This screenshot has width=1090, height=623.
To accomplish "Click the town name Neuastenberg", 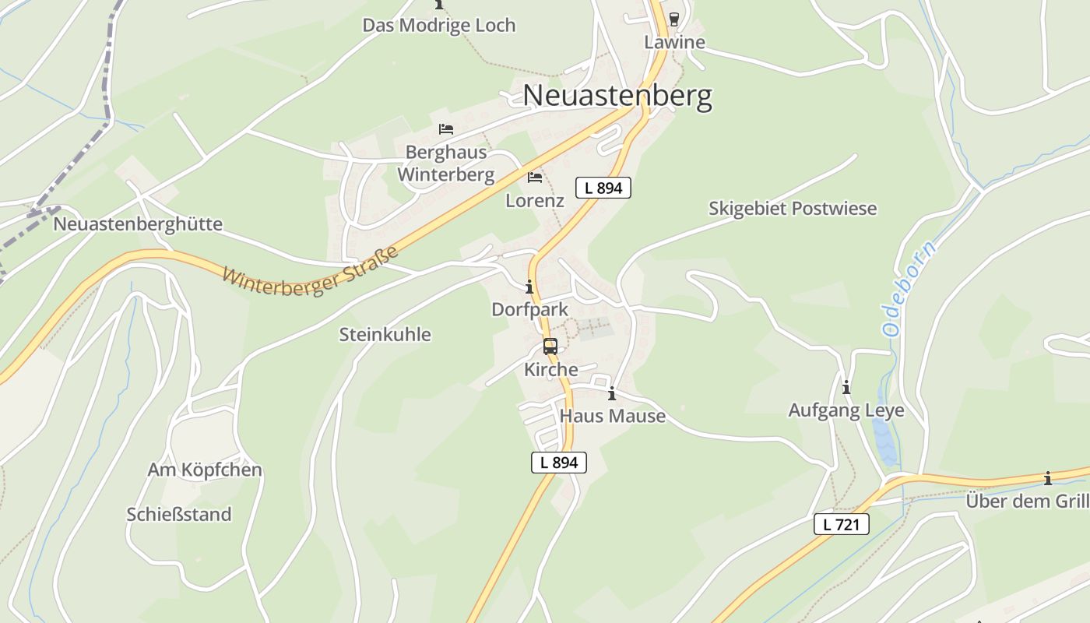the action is coord(617,96).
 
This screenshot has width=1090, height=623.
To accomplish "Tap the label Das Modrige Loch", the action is coord(439,25).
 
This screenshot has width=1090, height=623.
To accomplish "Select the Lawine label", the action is coord(674,42).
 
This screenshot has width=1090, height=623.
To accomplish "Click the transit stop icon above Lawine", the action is coord(674,19).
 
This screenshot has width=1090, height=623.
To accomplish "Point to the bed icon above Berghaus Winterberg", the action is coord(446,128).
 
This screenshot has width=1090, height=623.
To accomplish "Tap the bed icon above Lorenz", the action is coord(535,178).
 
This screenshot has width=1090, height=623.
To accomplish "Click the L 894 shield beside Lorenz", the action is coord(603,188).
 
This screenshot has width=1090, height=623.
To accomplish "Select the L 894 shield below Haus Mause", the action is coord(559,463).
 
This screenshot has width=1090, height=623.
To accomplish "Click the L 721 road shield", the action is coord(842,524).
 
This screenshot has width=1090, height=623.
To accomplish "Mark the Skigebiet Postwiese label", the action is coord(793,209).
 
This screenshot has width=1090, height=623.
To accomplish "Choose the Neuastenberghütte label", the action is coord(138,224).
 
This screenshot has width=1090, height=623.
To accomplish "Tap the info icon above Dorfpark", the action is coord(529,287).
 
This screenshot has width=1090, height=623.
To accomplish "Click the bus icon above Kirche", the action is coord(550,347).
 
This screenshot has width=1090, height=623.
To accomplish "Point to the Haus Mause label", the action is coord(613,416).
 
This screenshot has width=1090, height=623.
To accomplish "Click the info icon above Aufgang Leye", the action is coord(846,387).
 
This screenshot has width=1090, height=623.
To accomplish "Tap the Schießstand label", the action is coord(179,515).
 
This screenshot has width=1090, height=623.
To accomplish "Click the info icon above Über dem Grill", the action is coord(1048,478).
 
